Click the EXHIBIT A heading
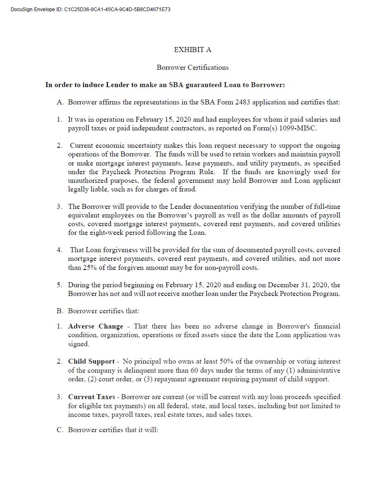coord(192,50)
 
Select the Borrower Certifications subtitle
coord(192,67)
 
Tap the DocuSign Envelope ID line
coord(90,9)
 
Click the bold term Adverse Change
coord(96,326)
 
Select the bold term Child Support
coord(91,362)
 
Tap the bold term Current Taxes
coord(92,397)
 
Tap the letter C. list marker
coord(60,430)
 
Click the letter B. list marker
coord(60,311)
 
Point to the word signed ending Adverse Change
coord(78,344)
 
